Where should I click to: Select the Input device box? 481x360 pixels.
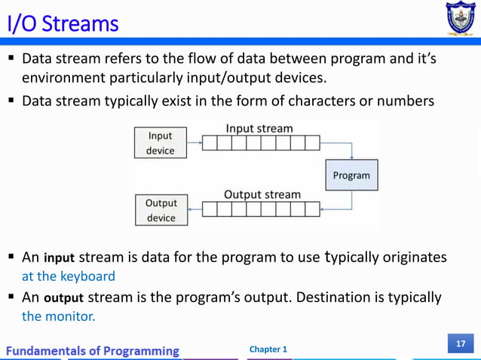(x=160, y=143)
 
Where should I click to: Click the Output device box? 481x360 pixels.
(x=161, y=210)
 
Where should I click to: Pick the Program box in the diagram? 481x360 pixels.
(x=351, y=175)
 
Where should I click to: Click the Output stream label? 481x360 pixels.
(x=262, y=194)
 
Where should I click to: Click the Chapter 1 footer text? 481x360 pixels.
(x=268, y=349)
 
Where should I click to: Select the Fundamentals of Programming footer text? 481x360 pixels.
(x=94, y=350)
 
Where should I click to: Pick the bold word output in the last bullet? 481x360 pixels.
(x=63, y=298)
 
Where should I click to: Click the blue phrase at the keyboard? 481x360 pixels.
(x=69, y=276)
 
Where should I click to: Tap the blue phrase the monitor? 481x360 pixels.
(x=59, y=316)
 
